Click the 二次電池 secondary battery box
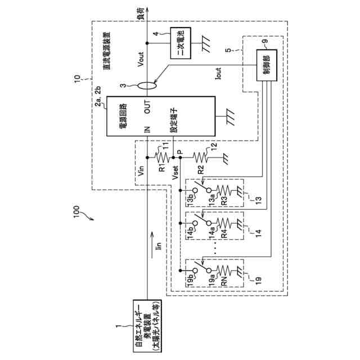click(x=181, y=43)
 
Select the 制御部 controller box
click(x=267, y=65)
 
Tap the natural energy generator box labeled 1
click(x=147, y=326)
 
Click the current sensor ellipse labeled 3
click(x=147, y=85)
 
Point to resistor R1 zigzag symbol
click(x=163, y=157)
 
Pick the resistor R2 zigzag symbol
click(x=200, y=157)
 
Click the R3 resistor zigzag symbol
click(x=223, y=190)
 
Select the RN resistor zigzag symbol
click(x=223, y=271)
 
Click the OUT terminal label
click(x=147, y=107)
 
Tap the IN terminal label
click(x=147, y=129)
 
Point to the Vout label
click(x=140, y=60)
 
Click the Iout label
click(x=218, y=74)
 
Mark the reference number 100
click(x=76, y=211)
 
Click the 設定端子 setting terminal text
click(x=174, y=121)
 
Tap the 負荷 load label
click(x=142, y=13)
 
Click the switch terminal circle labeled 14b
click(x=195, y=223)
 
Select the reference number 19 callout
click(x=258, y=280)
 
